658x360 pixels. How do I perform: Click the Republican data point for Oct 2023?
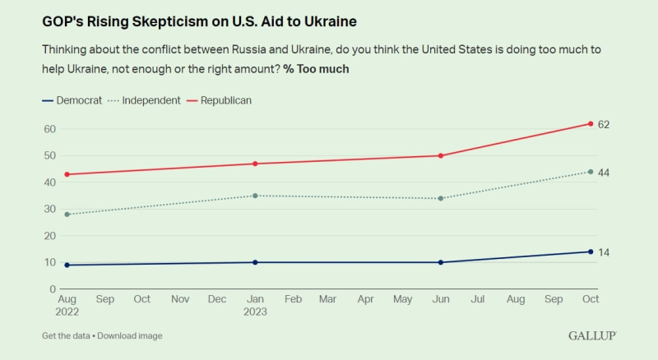coord(591,123)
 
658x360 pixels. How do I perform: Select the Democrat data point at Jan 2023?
coord(255,262)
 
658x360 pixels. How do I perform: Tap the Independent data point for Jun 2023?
coord(442,198)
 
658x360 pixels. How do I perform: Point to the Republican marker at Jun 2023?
coord(442,155)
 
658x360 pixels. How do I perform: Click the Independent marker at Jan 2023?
coord(255,196)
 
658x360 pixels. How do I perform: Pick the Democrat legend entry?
coord(72,100)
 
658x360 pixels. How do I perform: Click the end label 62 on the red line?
coord(603,124)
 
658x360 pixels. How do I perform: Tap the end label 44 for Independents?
coord(603,172)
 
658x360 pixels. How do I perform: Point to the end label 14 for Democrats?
coord(603,252)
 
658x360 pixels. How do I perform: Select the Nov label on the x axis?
coord(179,299)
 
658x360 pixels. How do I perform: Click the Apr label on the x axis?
coord(366,299)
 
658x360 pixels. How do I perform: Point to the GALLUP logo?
coord(591,335)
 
